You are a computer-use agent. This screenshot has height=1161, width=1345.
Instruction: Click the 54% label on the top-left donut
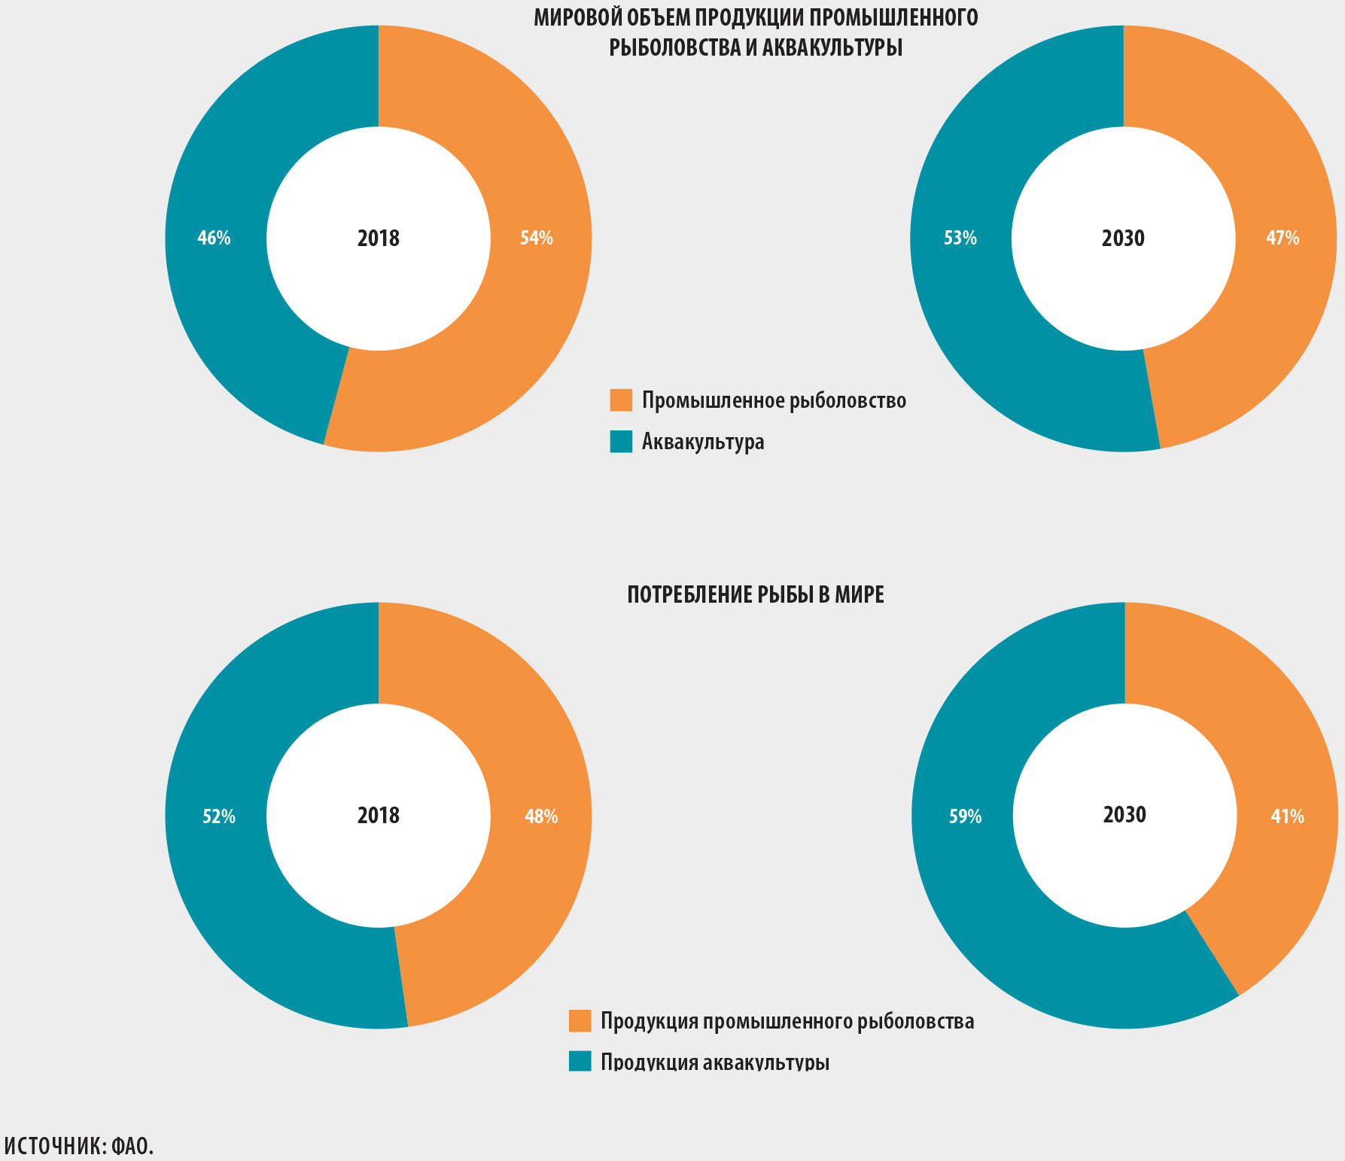pyautogui.click(x=537, y=239)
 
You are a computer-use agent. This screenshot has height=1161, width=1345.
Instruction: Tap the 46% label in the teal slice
pyautogui.click(x=214, y=239)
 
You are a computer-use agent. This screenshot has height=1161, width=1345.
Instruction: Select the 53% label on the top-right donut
pyautogui.click(x=960, y=239)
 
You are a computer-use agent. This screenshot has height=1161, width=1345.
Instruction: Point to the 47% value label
pyautogui.click(x=1283, y=239)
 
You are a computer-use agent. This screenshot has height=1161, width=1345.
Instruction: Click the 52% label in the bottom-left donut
pyautogui.click(x=219, y=816)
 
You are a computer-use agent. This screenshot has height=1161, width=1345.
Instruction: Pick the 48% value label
pyautogui.click(x=541, y=816)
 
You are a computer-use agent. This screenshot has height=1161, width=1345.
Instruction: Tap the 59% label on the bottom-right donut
pyautogui.click(x=965, y=816)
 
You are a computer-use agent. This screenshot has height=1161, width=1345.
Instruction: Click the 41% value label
pyautogui.click(x=1287, y=816)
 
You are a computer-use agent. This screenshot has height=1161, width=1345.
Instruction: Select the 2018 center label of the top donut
pyautogui.click(x=379, y=239)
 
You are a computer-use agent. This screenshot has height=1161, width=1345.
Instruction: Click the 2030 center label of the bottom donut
pyautogui.click(x=1124, y=815)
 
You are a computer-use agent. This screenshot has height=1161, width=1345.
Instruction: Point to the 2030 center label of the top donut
pyautogui.click(x=1123, y=239)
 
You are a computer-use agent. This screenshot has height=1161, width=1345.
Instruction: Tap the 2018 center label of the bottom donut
pyautogui.click(x=379, y=816)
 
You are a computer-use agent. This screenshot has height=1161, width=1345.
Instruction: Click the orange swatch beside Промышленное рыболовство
pyautogui.click(x=621, y=400)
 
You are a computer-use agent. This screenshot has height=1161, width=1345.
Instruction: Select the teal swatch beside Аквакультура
pyautogui.click(x=621, y=442)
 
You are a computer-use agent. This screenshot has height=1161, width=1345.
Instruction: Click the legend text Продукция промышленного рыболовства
pyautogui.click(x=787, y=1021)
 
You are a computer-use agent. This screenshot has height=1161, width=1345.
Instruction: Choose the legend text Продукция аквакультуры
pyautogui.click(x=715, y=1062)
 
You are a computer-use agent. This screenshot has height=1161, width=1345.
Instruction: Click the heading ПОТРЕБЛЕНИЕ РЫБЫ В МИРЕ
pyautogui.click(x=756, y=595)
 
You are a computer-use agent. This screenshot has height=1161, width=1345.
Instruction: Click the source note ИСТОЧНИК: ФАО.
pyautogui.click(x=78, y=1146)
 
